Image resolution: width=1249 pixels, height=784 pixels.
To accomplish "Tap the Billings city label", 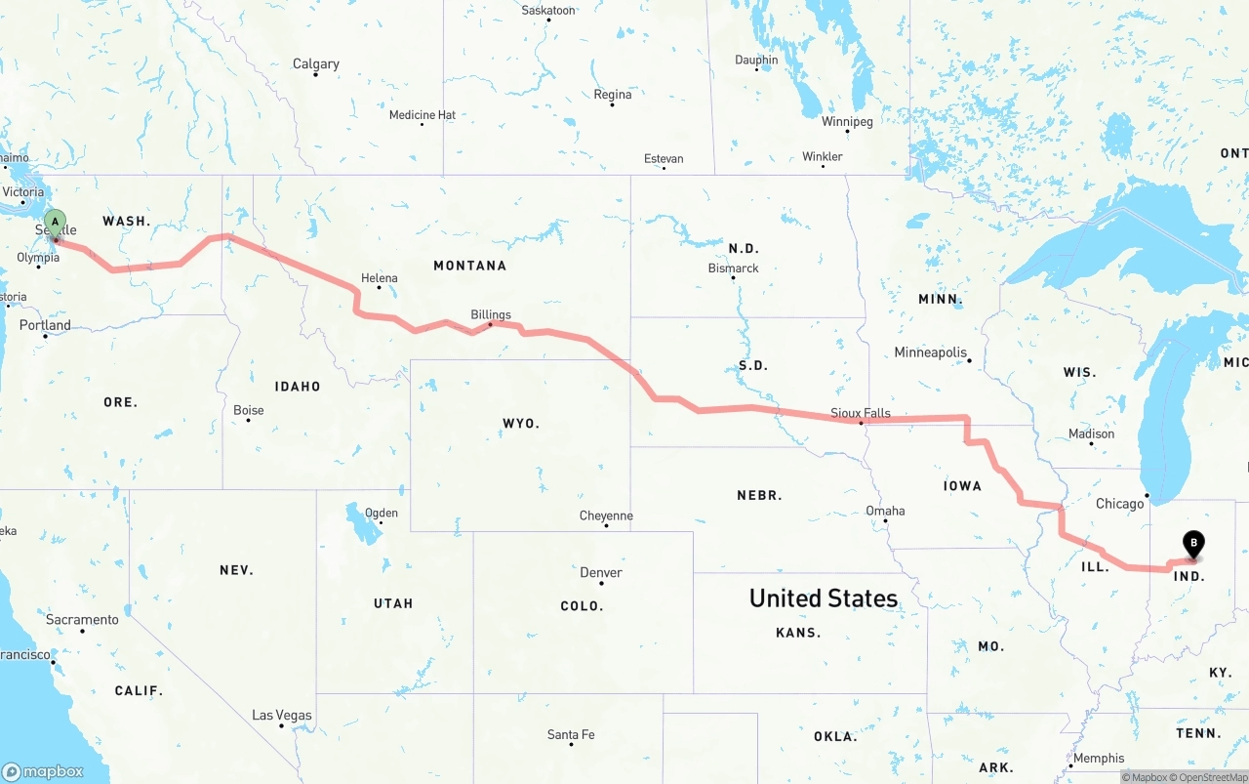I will (491, 314).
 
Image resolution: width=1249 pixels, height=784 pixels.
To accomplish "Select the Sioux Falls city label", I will (861, 413).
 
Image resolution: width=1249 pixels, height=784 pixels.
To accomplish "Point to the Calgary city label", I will (316, 64).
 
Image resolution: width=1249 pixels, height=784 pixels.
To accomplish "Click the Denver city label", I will (601, 572).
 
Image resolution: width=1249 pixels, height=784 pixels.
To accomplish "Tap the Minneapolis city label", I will (931, 352).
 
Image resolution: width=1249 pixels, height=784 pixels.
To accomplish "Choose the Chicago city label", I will (1119, 504).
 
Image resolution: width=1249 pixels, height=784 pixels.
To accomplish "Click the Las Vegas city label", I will (282, 715).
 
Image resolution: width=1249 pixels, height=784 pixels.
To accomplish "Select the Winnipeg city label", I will (847, 122).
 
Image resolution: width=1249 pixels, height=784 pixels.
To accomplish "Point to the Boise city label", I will (249, 410).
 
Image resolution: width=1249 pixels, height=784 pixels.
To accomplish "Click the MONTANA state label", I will (470, 266).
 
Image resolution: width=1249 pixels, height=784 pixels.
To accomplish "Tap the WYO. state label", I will (521, 423).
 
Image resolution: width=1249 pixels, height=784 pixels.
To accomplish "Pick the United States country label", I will (824, 598).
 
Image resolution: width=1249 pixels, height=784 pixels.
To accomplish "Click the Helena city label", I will (380, 278).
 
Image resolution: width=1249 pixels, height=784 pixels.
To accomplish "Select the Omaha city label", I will (885, 511).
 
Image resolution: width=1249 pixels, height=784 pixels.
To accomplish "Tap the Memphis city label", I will (1099, 758).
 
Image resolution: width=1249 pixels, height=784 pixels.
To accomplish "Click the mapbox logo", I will (43, 771).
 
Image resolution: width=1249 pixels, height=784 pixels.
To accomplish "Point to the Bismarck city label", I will (734, 268).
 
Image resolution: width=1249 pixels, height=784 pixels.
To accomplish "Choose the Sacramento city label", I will (82, 620).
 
